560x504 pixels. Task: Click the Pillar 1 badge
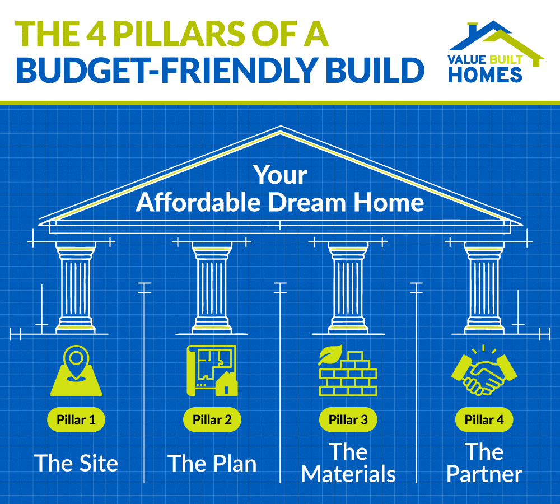[76, 419]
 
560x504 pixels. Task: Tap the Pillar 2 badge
[212, 419]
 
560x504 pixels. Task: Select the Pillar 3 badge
[347, 419]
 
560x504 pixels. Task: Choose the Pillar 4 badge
[483, 419]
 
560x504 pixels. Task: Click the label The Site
[76, 464]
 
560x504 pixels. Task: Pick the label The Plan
[212, 464]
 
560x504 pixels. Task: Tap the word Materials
[348, 475]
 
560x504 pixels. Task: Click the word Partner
[484, 475]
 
